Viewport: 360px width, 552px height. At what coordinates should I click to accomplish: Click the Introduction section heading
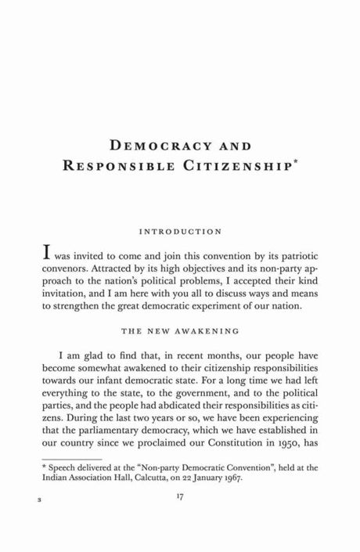(179, 232)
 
